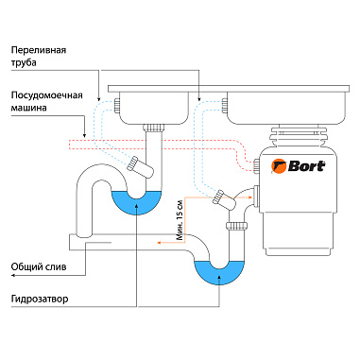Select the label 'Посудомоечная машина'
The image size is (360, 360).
[43, 102]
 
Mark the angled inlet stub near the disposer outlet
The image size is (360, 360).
[223, 197]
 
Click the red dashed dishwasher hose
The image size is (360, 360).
[170, 145]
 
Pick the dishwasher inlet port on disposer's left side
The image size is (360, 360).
[257, 167]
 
